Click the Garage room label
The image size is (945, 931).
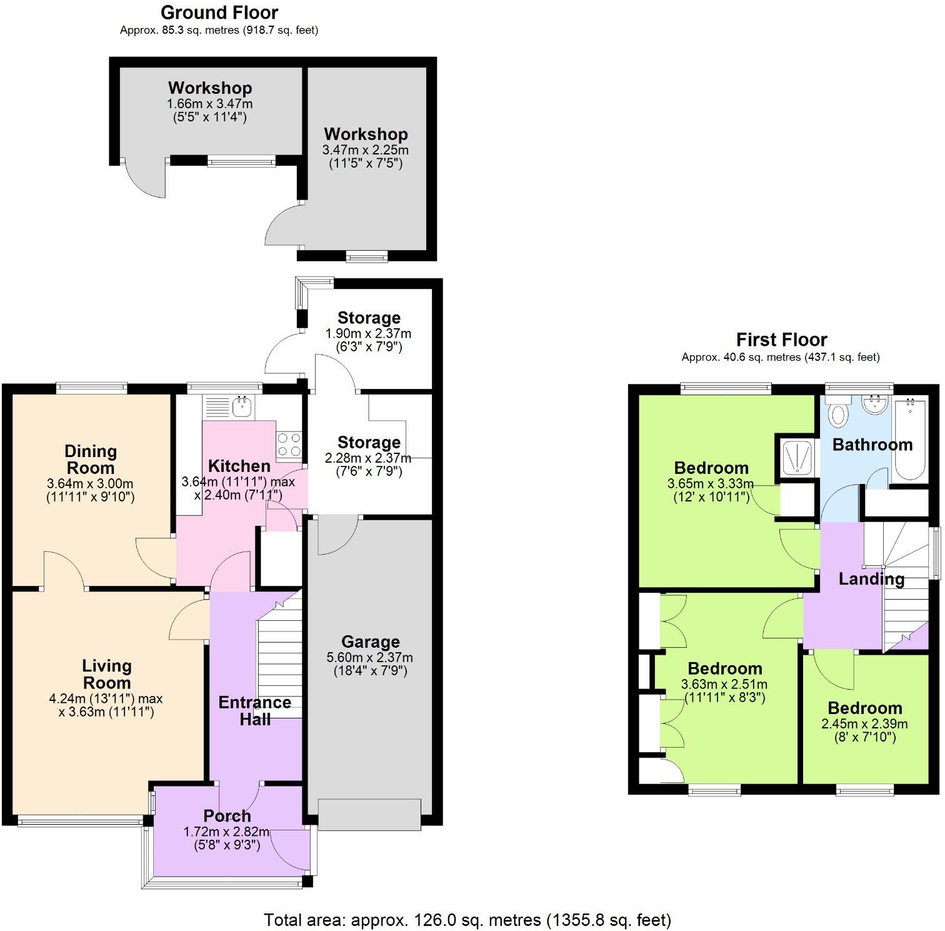(x=370, y=642)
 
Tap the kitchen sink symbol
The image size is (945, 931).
(x=242, y=407)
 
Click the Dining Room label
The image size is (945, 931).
(x=91, y=460)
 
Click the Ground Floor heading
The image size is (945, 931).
(x=219, y=13)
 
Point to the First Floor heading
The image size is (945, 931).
(x=781, y=340)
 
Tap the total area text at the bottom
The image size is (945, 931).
(x=467, y=920)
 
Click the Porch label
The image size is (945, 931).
(x=227, y=816)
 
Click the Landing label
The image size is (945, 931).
(x=871, y=579)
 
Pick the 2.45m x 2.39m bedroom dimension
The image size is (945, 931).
(x=864, y=724)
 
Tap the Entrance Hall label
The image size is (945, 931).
(x=254, y=711)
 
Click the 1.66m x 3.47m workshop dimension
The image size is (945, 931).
(x=209, y=104)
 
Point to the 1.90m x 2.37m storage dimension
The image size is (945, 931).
(x=368, y=334)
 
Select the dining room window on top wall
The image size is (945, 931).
(x=91, y=388)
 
